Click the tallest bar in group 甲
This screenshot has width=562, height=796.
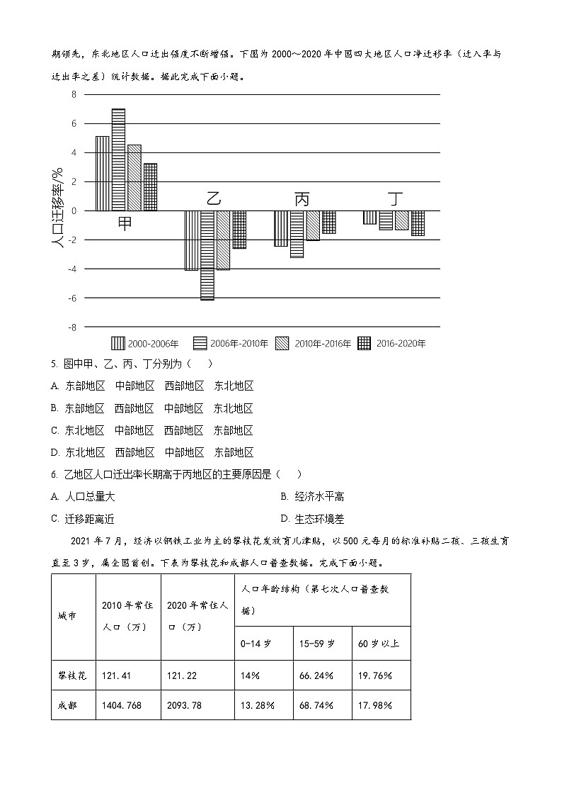tap(118, 159)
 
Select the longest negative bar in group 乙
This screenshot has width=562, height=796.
tap(207, 255)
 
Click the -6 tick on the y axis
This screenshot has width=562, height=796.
tap(71, 298)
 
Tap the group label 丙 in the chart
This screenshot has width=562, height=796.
tap(302, 199)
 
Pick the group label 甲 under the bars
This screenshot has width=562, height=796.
tap(125, 223)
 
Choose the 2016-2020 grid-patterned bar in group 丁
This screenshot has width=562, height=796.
tap(418, 223)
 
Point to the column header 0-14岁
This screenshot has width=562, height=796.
tap(263, 644)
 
